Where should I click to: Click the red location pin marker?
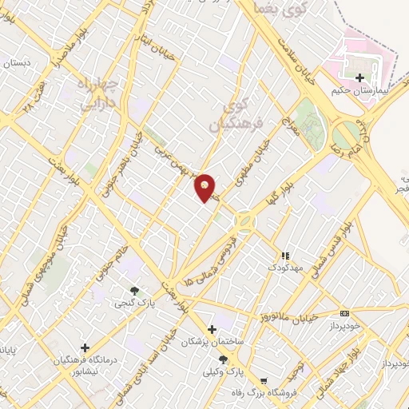[205, 188]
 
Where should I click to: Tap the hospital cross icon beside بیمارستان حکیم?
[360, 78]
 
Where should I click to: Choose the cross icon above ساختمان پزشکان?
[212, 329]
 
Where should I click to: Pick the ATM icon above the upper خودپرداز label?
[344, 313]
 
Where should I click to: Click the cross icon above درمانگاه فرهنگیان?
[84, 347]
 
